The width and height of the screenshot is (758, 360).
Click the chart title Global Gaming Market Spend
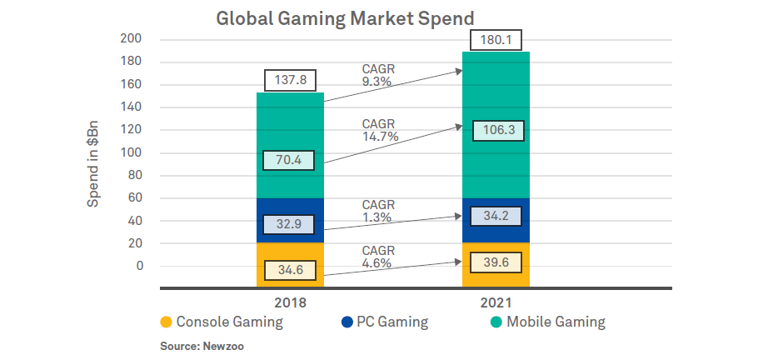point(344,17)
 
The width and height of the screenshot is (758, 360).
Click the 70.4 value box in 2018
point(289,161)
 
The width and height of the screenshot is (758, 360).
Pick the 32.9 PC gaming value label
point(289,225)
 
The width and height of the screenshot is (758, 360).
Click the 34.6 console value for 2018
point(289,271)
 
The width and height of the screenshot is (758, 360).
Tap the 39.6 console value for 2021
point(497,263)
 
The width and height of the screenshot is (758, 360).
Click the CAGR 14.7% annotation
point(380,130)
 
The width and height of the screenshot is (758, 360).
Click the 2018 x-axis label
point(289,303)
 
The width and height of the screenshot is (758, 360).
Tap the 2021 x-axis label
point(496,303)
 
